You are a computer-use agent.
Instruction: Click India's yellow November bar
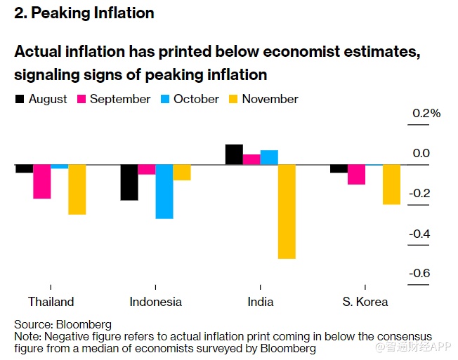point(287,211)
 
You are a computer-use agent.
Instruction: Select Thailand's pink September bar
point(42,181)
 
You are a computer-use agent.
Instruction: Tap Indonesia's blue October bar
point(164,192)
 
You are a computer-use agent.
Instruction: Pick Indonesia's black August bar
point(129,182)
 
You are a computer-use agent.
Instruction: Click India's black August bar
point(234,154)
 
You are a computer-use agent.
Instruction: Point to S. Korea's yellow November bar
point(391,185)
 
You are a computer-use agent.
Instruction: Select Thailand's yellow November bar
point(77,189)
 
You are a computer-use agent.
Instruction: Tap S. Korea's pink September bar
point(356,174)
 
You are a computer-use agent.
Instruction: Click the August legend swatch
point(20,100)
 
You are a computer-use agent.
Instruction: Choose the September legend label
point(120,100)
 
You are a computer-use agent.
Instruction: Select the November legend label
point(270,100)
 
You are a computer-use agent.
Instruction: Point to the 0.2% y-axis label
point(426,113)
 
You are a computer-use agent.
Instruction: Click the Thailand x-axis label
point(51,302)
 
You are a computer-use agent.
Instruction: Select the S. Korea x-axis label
point(365,302)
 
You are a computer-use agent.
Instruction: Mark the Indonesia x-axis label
point(155,302)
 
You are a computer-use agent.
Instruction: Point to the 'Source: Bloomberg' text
point(63,325)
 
